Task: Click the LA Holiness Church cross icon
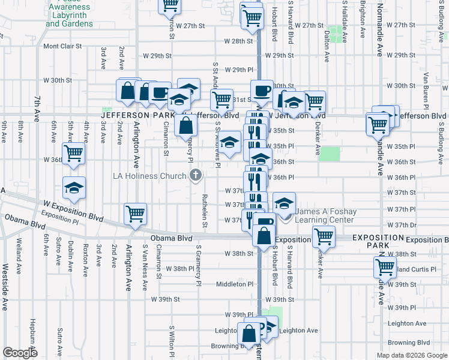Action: click(195, 176)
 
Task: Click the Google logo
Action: click(20, 353)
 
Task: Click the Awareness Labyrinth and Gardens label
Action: click(70, 15)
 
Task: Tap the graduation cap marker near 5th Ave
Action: click(74, 187)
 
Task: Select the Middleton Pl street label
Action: click(235, 284)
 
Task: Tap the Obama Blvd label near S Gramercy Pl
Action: click(170, 238)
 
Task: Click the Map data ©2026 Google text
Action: click(411, 355)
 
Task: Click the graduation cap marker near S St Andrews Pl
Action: click(228, 143)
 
